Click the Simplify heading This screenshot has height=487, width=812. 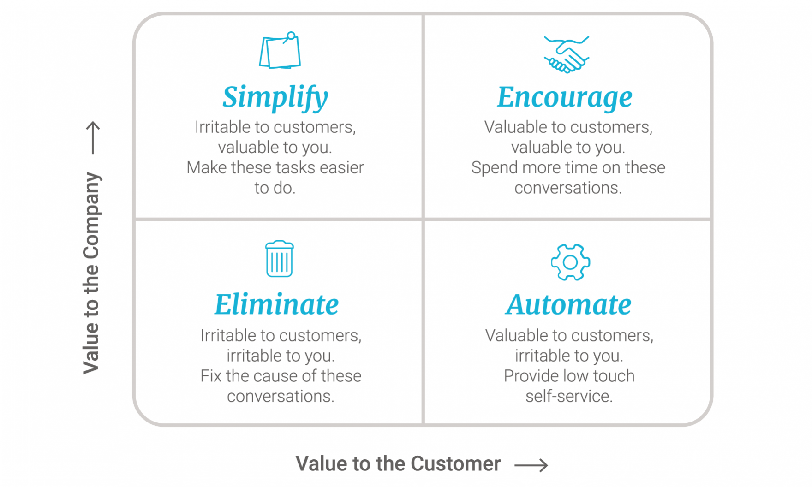(x=275, y=98)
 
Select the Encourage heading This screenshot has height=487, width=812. (x=565, y=98)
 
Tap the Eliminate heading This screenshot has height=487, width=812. (x=277, y=304)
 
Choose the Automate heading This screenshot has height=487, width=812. (x=568, y=304)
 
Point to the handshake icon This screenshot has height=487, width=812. (x=567, y=54)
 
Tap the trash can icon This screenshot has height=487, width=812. (x=279, y=258)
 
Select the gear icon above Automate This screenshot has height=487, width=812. (x=570, y=262)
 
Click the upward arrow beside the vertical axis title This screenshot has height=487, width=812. (x=93, y=137)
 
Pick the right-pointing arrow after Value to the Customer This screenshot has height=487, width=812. (x=531, y=465)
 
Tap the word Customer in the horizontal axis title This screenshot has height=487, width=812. (x=455, y=463)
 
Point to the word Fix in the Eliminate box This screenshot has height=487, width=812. (x=211, y=376)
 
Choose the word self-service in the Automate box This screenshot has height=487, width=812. (x=569, y=396)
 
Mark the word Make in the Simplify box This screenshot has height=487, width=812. (x=207, y=167)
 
